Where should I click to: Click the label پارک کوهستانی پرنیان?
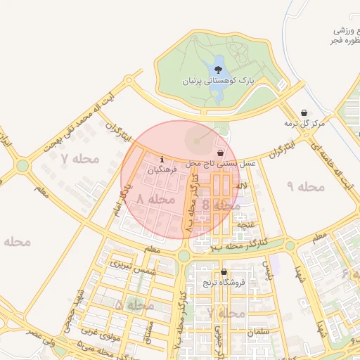click(x=217, y=82)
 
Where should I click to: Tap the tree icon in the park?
click(x=218, y=70)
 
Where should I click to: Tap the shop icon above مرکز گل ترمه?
click(x=304, y=112)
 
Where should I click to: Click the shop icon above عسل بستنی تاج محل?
click(x=221, y=153)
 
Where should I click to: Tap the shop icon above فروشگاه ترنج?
click(x=224, y=273)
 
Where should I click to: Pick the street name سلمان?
click(x=259, y=330)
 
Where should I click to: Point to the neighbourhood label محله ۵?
click(x=134, y=306)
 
